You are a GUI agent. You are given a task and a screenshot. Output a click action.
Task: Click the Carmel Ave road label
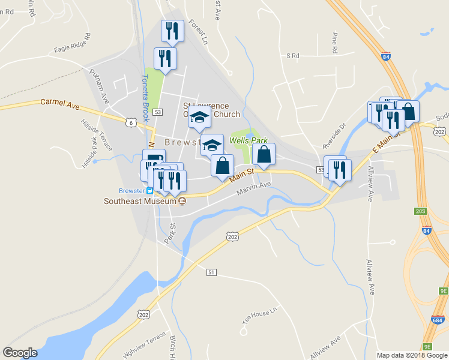[x=59, y=104]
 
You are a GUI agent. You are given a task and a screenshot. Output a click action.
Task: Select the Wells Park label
[x=249, y=141]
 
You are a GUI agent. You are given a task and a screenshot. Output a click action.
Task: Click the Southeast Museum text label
[x=137, y=201]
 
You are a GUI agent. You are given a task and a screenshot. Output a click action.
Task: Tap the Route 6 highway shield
[x=130, y=122]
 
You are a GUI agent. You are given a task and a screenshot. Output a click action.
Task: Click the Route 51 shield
[x=211, y=272]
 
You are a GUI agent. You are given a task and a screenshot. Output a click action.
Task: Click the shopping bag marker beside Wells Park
[x=264, y=155]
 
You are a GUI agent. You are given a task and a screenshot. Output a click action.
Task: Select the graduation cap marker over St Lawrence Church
[x=199, y=117]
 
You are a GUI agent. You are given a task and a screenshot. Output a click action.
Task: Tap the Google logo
[x=20, y=353]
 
